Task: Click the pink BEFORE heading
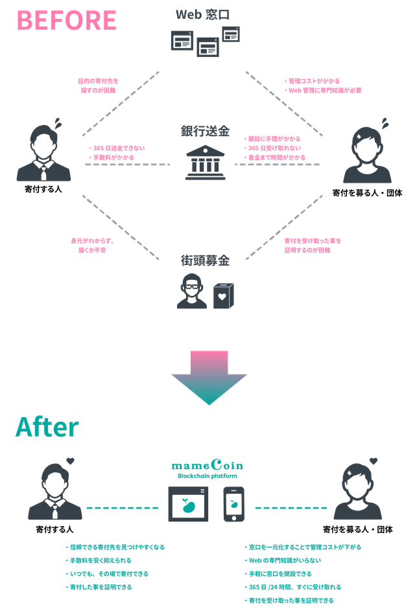click(67, 19)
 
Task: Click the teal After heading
click(47, 427)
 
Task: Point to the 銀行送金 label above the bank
click(205, 132)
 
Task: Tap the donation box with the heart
click(223, 295)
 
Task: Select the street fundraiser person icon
click(193, 291)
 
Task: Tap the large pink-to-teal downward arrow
click(209, 377)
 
